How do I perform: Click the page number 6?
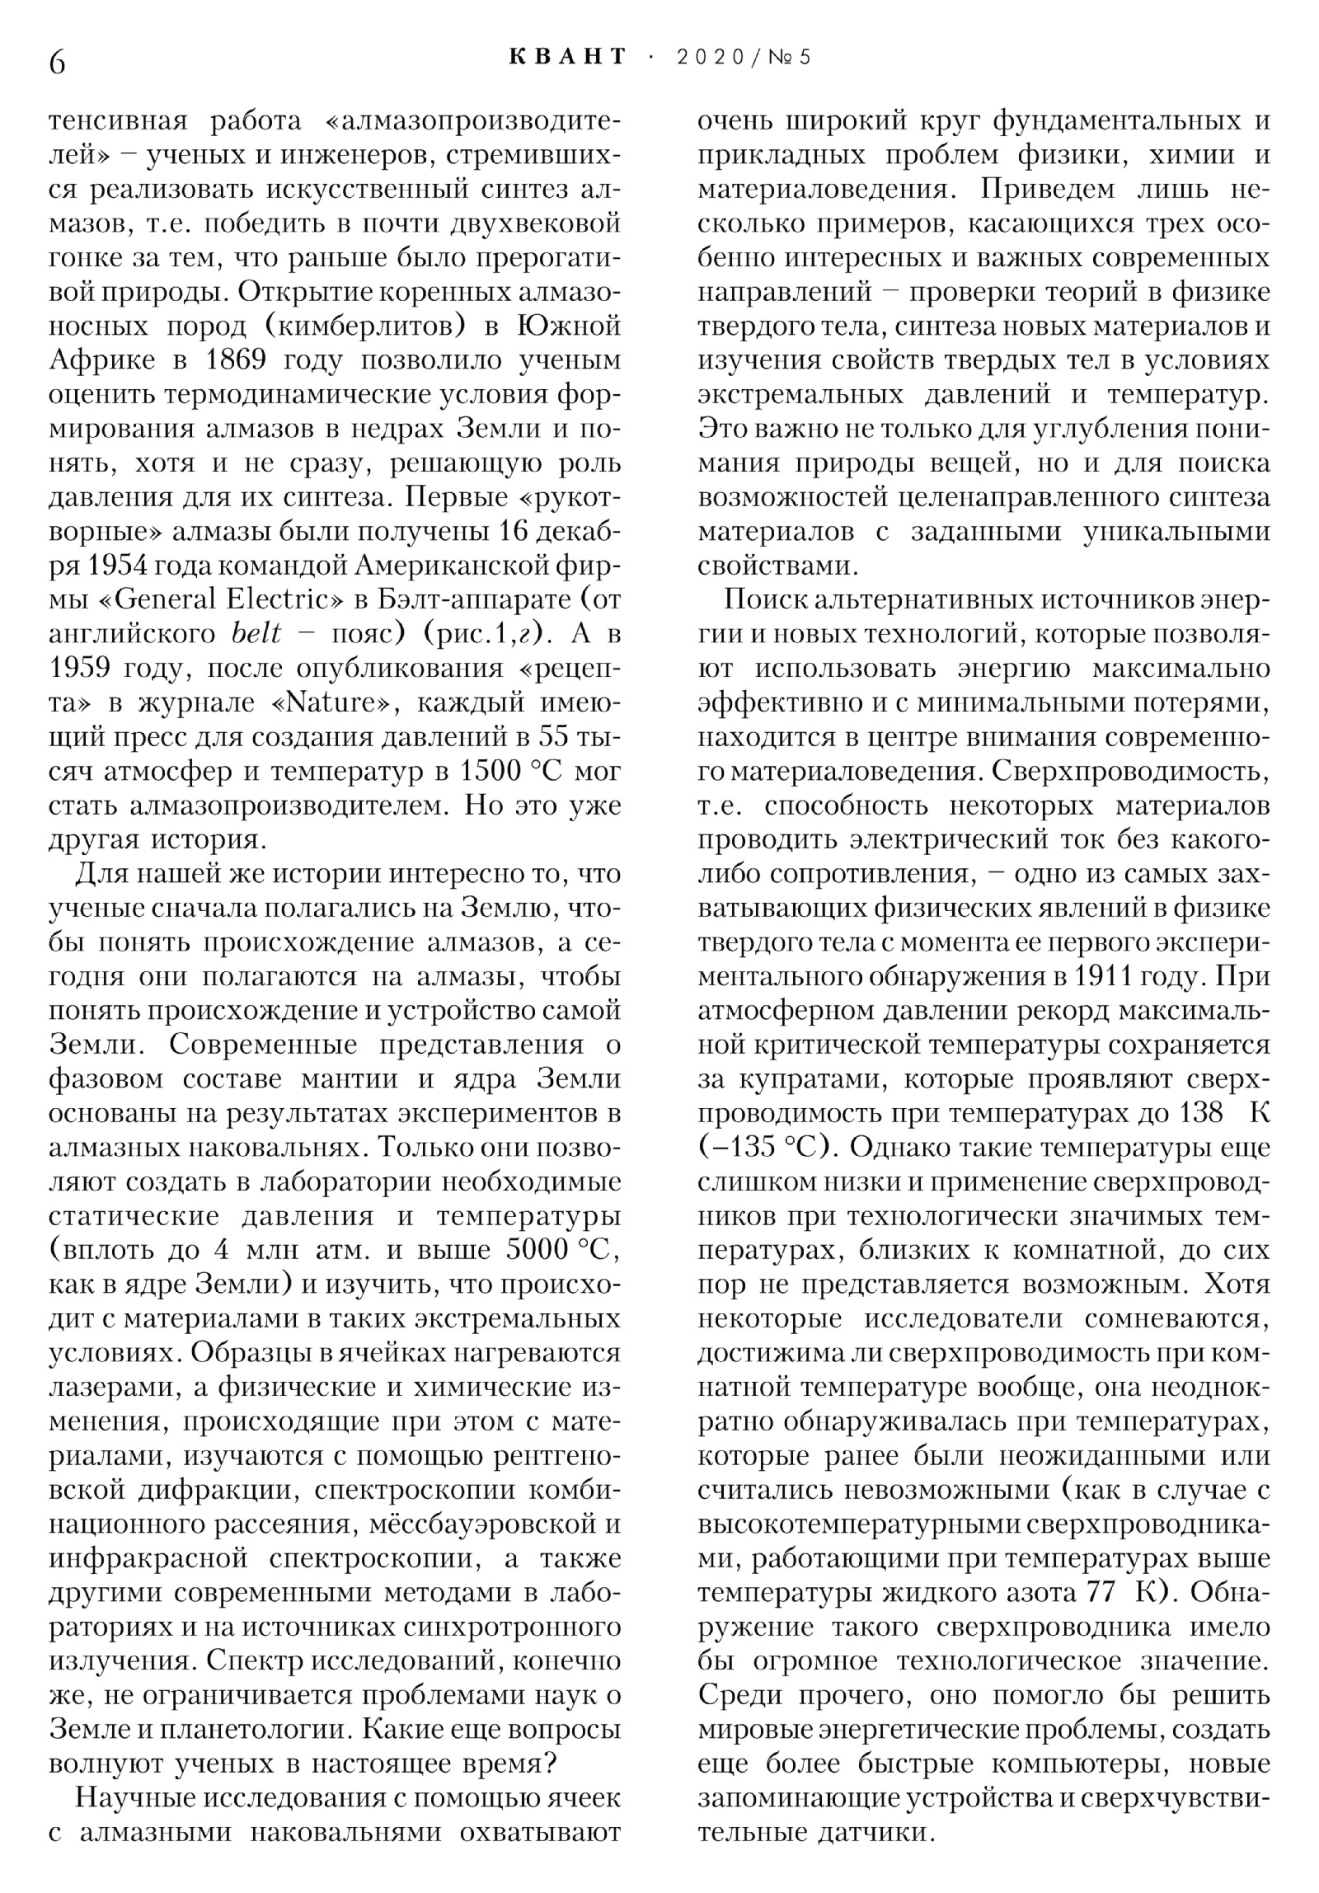pyautogui.click(x=57, y=62)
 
